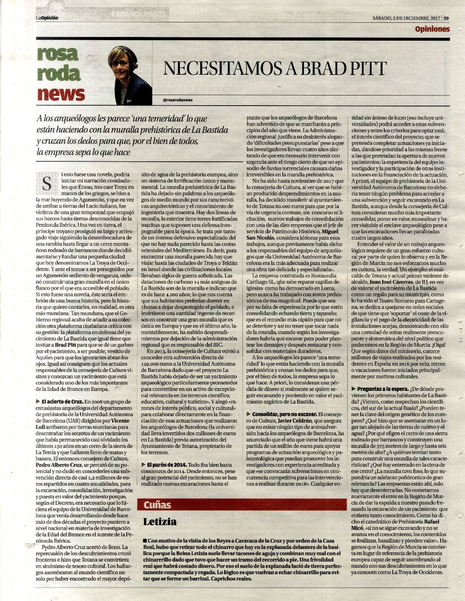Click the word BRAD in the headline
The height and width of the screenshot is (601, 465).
click(x=311, y=69)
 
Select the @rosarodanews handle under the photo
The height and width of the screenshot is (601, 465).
click(x=177, y=100)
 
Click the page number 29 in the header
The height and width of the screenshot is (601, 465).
click(x=446, y=18)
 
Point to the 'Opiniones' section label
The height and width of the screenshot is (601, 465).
click(x=432, y=29)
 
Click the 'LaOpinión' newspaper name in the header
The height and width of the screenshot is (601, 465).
click(x=47, y=18)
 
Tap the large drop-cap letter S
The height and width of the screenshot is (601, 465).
click(x=47, y=184)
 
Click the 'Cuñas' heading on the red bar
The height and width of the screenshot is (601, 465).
click(x=157, y=505)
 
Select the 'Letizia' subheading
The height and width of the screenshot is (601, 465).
click(x=160, y=522)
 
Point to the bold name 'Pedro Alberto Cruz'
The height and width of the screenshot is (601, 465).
click(x=59, y=464)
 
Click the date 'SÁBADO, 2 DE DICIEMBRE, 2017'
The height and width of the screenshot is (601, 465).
click(x=407, y=18)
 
